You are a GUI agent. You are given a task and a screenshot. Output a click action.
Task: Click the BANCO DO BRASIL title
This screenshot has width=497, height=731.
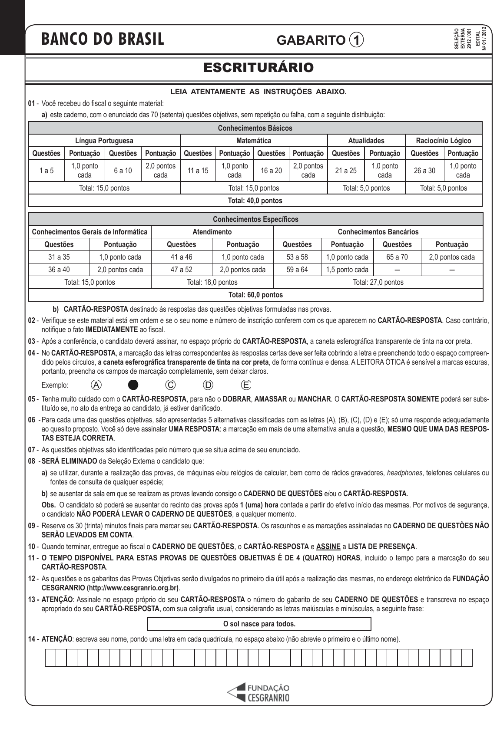103,40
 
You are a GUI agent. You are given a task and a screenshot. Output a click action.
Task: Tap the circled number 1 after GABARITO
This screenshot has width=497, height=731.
356,40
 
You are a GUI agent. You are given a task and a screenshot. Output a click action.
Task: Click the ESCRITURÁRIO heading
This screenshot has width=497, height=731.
258,68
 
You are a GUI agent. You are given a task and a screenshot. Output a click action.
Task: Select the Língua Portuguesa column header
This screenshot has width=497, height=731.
104,141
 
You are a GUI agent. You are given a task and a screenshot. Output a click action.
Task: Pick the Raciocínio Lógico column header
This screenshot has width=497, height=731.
443,141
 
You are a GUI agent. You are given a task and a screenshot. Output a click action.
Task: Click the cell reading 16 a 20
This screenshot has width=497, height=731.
271,171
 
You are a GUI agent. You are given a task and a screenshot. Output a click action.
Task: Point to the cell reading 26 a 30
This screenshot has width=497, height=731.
424,171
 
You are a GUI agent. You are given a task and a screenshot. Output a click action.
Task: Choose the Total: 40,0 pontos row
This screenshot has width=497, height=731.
255,201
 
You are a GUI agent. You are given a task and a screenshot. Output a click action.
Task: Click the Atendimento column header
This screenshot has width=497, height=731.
212,232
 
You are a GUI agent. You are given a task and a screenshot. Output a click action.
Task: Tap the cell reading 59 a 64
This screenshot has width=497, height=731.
297,270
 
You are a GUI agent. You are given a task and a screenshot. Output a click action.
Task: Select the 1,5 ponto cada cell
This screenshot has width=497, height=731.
347,270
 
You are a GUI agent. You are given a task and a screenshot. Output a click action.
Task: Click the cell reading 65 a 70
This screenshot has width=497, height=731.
397,257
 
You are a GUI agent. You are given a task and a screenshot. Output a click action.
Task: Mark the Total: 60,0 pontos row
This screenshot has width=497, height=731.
255,295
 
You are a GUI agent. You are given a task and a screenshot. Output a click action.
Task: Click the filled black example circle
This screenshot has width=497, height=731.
133,385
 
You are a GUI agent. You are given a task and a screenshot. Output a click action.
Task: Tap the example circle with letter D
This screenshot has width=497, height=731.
209,385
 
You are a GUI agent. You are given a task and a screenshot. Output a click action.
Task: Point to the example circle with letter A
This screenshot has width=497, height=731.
96,385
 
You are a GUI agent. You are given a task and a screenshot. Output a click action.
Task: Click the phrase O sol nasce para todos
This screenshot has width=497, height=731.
259,624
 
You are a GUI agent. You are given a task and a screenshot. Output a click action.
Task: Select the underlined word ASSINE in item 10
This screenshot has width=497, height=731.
328,547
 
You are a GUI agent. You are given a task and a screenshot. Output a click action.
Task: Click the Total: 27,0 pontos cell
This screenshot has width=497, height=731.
378,282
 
